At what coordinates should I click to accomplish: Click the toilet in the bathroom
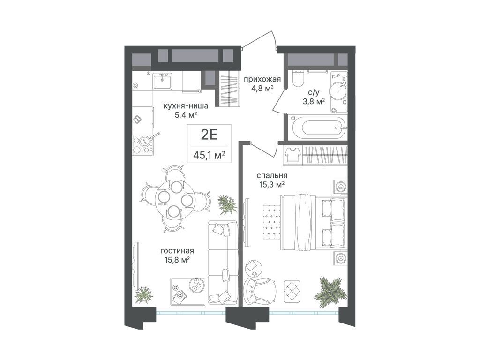click(x=297, y=79)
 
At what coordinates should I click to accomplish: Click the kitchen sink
click(x=163, y=81)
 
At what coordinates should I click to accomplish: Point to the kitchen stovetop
click(x=143, y=144)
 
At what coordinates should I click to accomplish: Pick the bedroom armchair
click(x=260, y=291)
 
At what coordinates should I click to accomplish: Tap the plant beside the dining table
click(x=227, y=204)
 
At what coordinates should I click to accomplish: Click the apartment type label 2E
click(x=209, y=135)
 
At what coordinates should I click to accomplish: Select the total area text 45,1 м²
click(x=210, y=155)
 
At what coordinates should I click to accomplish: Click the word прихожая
click(x=262, y=80)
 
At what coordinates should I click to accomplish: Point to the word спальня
click(x=271, y=176)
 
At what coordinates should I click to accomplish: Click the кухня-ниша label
click(x=186, y=106)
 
